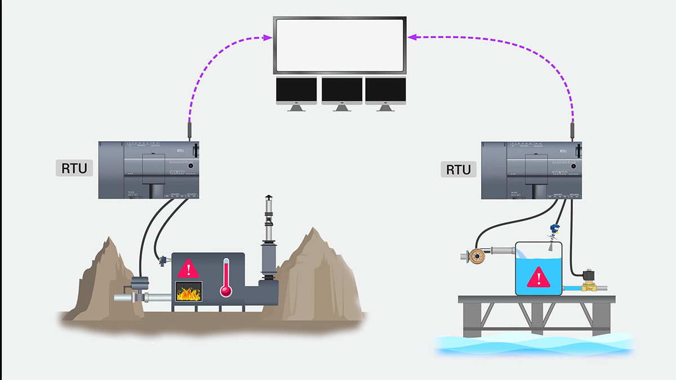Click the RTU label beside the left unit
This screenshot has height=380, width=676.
coord(74,168)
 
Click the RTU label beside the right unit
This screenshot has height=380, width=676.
coord(458,168)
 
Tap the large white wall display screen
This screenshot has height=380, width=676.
coord(340,45)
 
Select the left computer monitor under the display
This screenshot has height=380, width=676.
coord(296,91)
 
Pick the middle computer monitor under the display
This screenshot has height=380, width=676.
coord(341,91)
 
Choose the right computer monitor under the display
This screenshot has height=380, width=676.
coord(385,91)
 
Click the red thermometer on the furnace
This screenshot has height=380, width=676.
coord(226,278)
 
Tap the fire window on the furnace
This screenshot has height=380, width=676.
coord(189,293)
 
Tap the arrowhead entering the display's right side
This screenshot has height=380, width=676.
coord(412,38)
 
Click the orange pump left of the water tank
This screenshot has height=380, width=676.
coord(477,256)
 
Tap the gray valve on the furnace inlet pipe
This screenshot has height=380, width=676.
coord(139,287)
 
